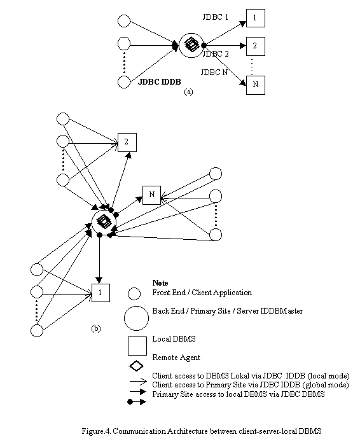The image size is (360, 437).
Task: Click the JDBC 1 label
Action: [x=215, y=17]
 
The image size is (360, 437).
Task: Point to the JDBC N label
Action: [x=214, y=72]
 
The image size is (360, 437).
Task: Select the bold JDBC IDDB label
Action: [x=160, y=81]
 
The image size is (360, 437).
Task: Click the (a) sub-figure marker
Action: [x=188, y=92]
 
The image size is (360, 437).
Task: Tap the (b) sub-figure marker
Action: [x=96, y=329]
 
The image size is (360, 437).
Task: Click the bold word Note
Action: [x=160, y=283]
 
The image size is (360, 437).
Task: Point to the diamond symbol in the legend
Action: [x=136, y=366]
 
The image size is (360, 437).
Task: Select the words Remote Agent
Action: [x=176, y=357]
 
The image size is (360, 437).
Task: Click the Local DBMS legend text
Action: [x=174, y=339]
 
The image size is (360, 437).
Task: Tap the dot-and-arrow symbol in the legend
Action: [x=137, y=402]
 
